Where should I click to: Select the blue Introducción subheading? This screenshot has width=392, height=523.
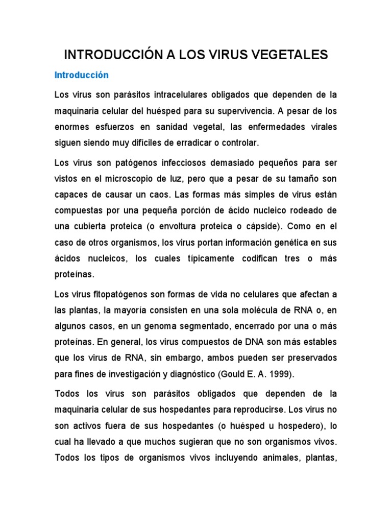tap(82, 75)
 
